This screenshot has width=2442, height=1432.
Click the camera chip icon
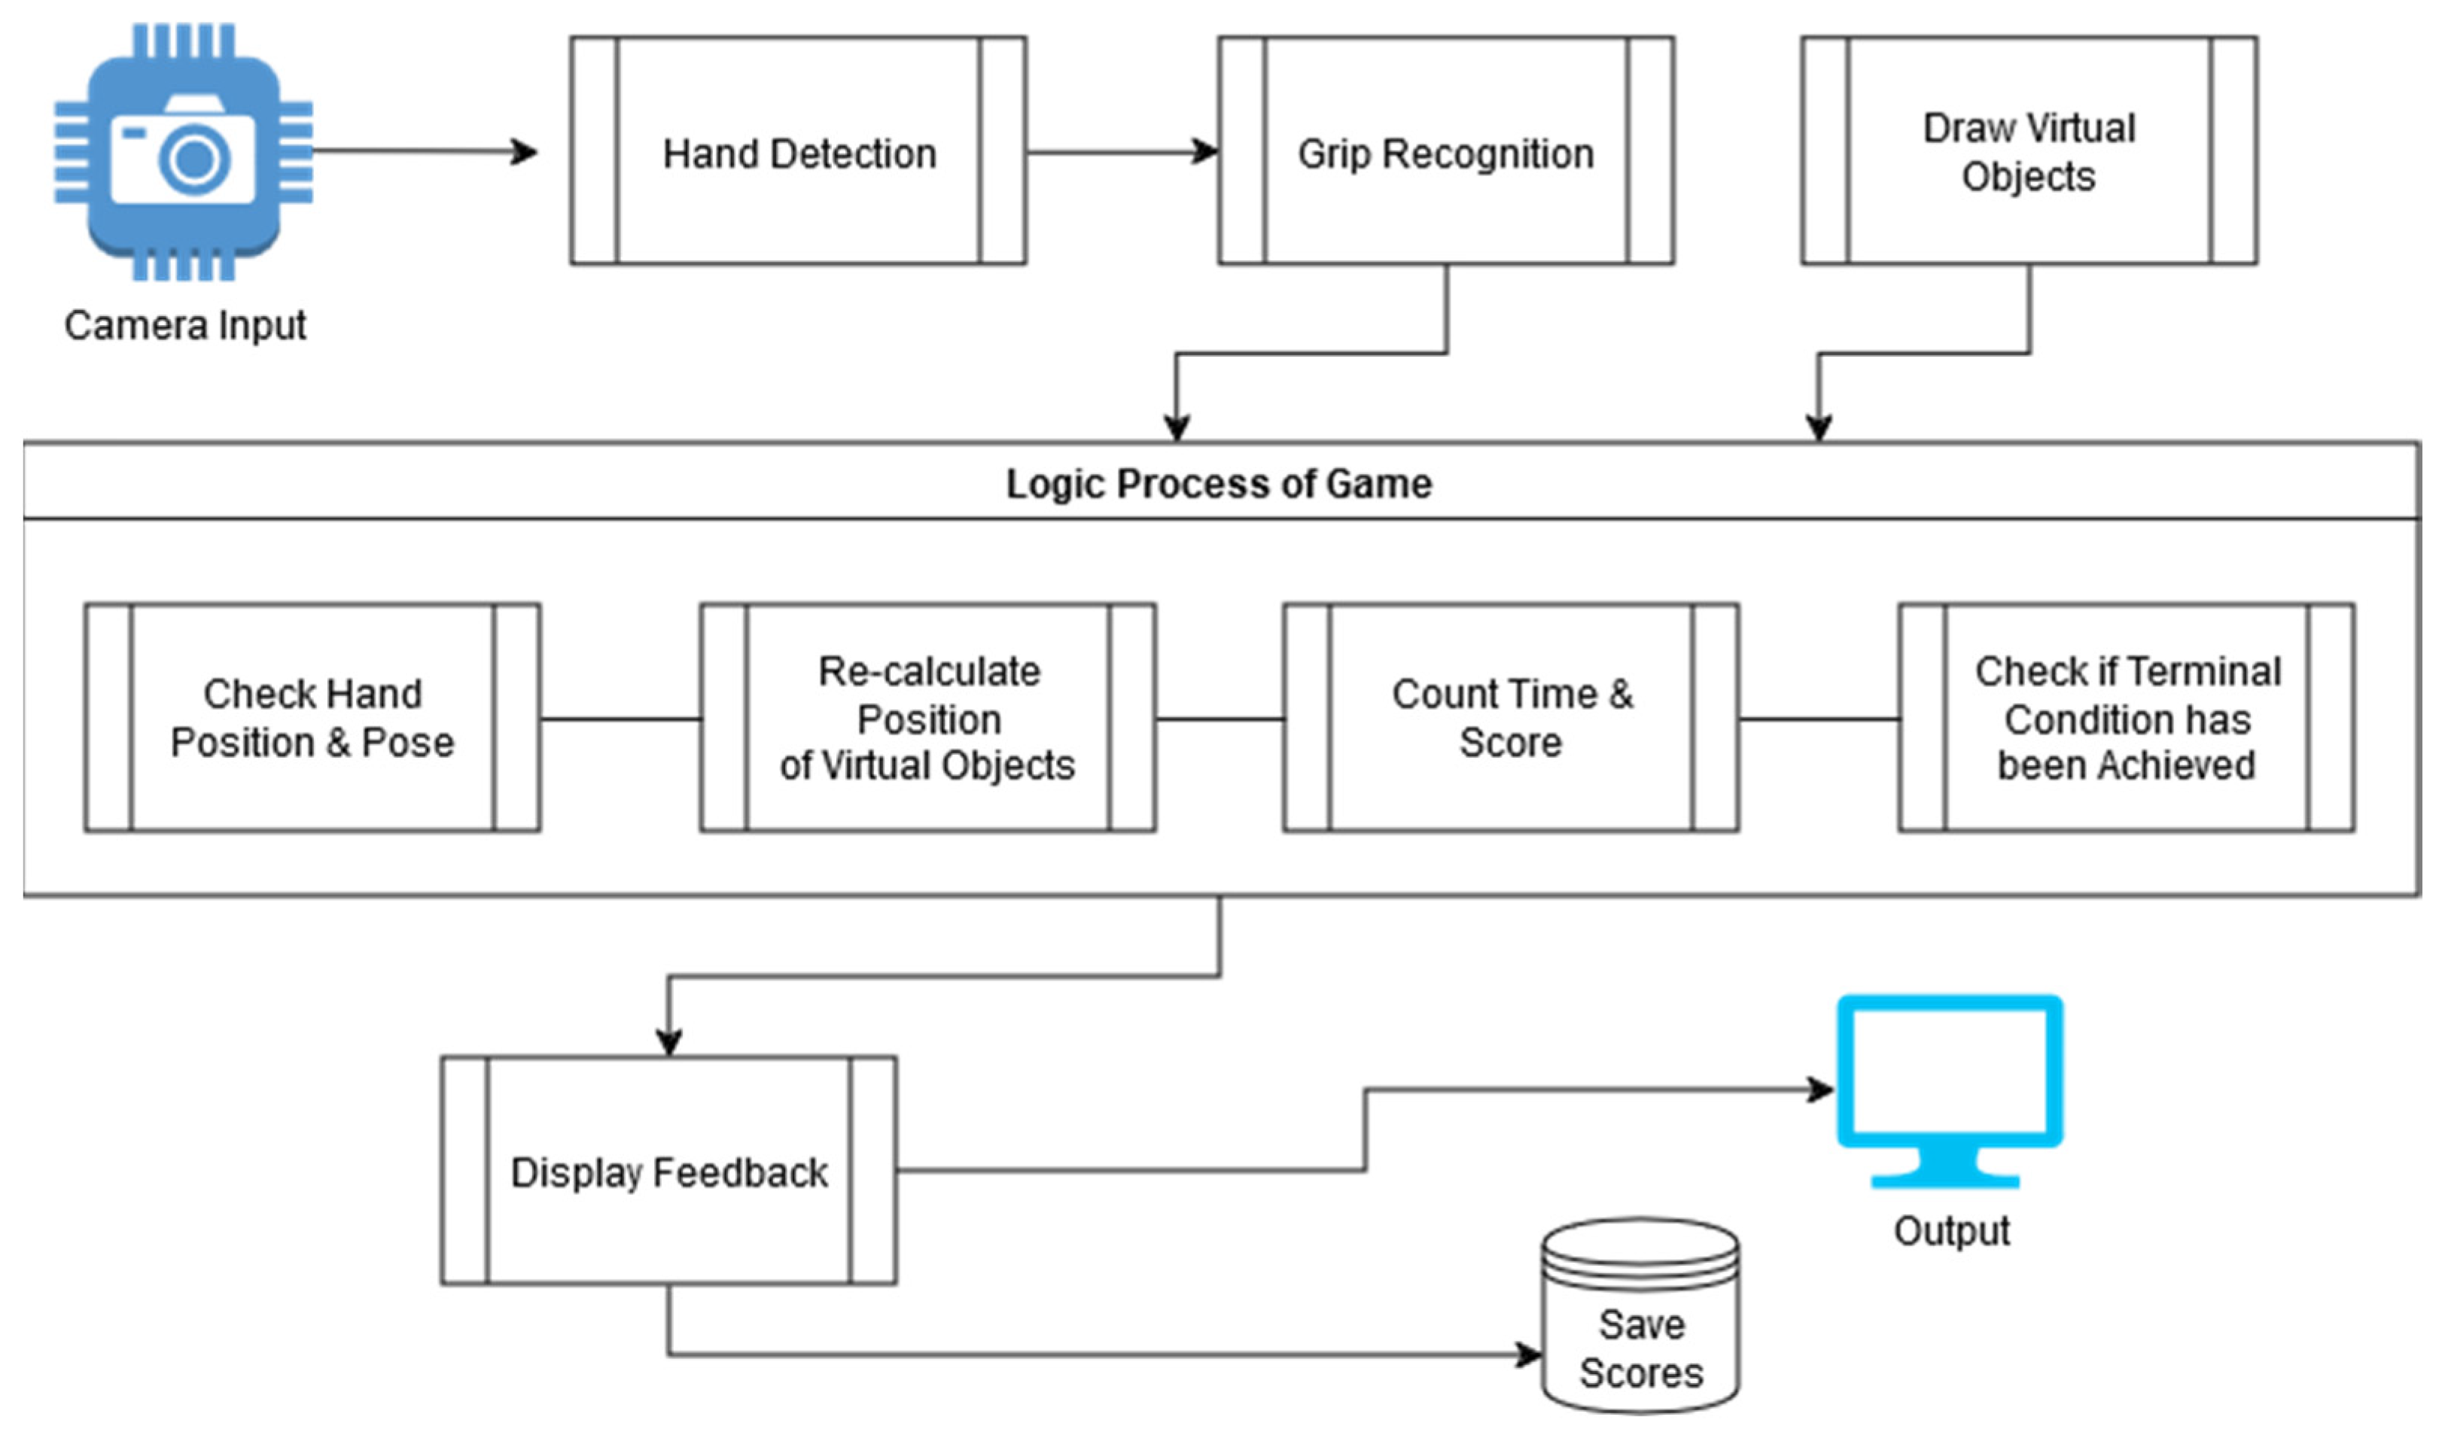[x=183, y=152]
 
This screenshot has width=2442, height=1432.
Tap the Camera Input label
[x=185, y=326]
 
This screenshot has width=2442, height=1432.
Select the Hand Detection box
[x=799, y=151]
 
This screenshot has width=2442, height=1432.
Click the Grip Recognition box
[x=1446, y=151]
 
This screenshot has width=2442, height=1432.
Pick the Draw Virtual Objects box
[x=2029, y=151]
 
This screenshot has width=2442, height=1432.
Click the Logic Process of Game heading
[x=1219, y=483]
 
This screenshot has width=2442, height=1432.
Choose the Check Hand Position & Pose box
[x=312, y=718]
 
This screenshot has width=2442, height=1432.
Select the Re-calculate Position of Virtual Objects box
[x=927, y=718]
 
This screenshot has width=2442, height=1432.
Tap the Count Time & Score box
[x=1511, y=718]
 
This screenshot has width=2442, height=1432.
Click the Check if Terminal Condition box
[x=2127, y=718]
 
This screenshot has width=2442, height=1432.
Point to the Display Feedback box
[x=668, y=1170]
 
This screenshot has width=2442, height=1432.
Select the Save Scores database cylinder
[x=1640, y=1315]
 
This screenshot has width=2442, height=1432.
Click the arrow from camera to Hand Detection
[x=425, y=151]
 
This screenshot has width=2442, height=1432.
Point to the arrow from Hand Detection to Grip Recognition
[x=1123, y=151]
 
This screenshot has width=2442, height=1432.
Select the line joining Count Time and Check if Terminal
[x=1819, y=719]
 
